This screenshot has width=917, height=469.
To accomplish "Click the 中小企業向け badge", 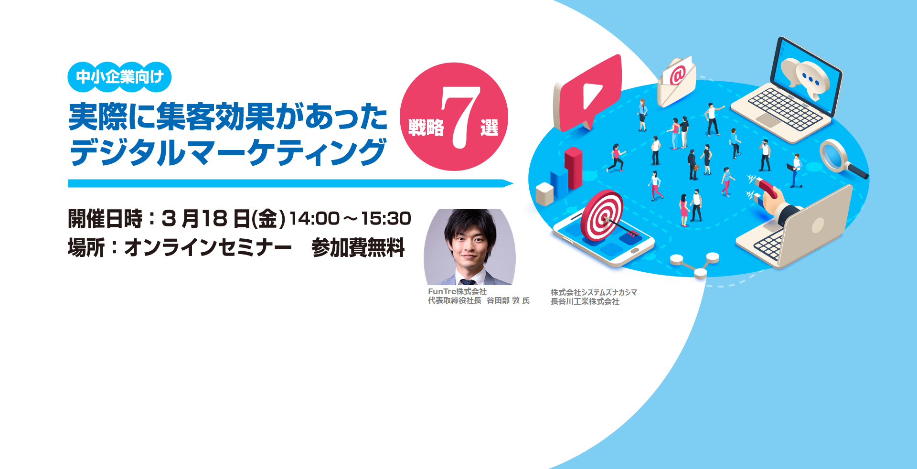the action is coord(119,77).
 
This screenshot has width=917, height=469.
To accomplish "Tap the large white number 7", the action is coord(460,117).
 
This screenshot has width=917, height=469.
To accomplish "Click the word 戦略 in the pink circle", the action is coord(426,128).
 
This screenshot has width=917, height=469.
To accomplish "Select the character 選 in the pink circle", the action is coord(489,128).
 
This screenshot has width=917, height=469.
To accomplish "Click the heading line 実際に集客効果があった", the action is coord(228,117).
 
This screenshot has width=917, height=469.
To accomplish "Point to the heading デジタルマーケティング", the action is coord(227,152).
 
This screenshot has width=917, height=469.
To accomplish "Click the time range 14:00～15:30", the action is coord(350,219).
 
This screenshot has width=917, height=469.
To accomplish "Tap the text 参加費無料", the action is coord(358,248).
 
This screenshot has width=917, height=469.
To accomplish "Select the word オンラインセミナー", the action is coord(208,248).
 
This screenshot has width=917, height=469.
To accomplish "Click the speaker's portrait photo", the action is coord(470,247).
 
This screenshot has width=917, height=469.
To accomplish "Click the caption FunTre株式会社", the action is coord(457,291).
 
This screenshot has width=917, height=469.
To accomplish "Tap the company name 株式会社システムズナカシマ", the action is coord(594,292).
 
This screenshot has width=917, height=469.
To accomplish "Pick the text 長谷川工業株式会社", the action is coord(585,301).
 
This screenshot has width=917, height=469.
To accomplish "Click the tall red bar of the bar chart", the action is coord(574,168).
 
